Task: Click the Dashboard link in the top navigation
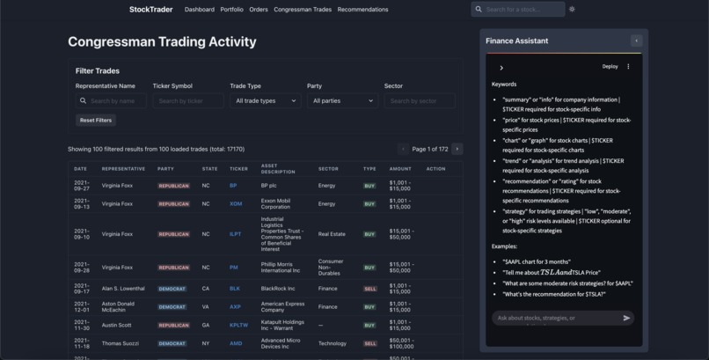click(x=199, y=10)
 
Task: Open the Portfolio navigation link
click(x=231, y=10)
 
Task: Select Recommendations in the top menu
click(x=362, y=10)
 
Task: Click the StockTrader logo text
click(x=150, y=10)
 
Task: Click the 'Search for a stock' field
click(x=522, y=10)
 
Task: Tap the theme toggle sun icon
click(x=572, y=10)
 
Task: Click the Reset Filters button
click(x=96, y=120)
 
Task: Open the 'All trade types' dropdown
click(x=265, y=101)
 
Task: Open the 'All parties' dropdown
click(x=342, y=101)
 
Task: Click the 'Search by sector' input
click(x=420, y=101)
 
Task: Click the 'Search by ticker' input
click(x=187, y=101)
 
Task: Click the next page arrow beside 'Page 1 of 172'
click(x=457, y=149)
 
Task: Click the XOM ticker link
click(x=235, y=203)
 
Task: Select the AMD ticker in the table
click(x=235, y=343)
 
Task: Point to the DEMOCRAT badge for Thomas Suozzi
click(x=172, y=343)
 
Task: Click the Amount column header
click(x=400, y=169)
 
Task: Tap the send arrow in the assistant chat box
click(x=626, y=318)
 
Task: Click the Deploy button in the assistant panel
click(x=610, y=67)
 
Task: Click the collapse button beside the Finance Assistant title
click(x=636, y=40)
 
